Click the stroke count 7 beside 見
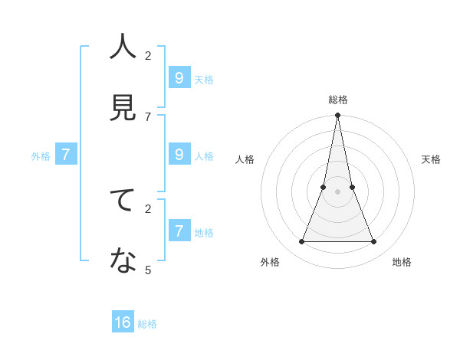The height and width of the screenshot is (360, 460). (148, 116)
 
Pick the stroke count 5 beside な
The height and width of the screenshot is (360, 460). (148, 270)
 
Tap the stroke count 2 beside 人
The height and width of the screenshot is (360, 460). (148, 55)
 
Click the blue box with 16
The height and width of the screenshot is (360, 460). (123, 322)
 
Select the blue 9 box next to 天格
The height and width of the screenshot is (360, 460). (179, 77)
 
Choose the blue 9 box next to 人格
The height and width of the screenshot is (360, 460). (179, 154)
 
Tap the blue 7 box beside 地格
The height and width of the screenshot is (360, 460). (179, 231)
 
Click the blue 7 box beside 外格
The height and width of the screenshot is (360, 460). (66, 154)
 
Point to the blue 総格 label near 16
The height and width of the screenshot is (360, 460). (148, 324)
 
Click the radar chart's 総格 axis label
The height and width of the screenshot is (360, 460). (337, 100)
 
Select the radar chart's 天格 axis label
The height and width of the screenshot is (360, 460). (432, 159)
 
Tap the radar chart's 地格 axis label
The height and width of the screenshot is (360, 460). (402, 262)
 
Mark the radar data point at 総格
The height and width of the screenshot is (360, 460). (337, 115)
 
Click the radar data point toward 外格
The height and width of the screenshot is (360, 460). (301, 242)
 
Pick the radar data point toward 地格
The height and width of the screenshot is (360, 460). (373, 242)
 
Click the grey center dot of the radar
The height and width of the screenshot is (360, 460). (337, 192)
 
